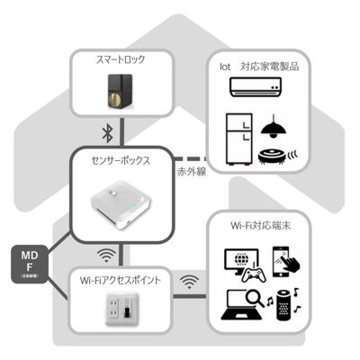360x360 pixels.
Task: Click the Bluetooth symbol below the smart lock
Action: point(104,132)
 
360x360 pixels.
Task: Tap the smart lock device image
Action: point(117,92)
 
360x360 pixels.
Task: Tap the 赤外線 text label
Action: point(192,171)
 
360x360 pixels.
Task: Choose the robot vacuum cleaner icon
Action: point(276,155)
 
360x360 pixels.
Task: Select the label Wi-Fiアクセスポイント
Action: point(121,282)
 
